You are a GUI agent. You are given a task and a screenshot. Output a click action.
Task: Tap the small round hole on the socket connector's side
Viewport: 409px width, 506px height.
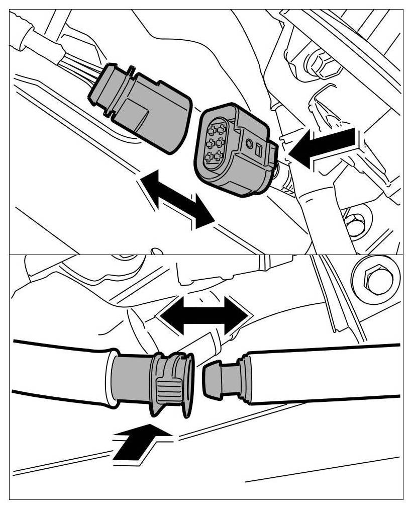[x=250, y=144]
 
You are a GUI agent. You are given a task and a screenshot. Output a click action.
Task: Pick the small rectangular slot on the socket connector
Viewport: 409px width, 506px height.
[x=259, y=149]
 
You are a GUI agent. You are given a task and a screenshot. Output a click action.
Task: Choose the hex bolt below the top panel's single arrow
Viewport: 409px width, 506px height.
[x=355, y=224]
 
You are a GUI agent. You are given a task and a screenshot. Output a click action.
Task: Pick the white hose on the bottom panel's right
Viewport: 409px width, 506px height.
[x=327, y=372]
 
